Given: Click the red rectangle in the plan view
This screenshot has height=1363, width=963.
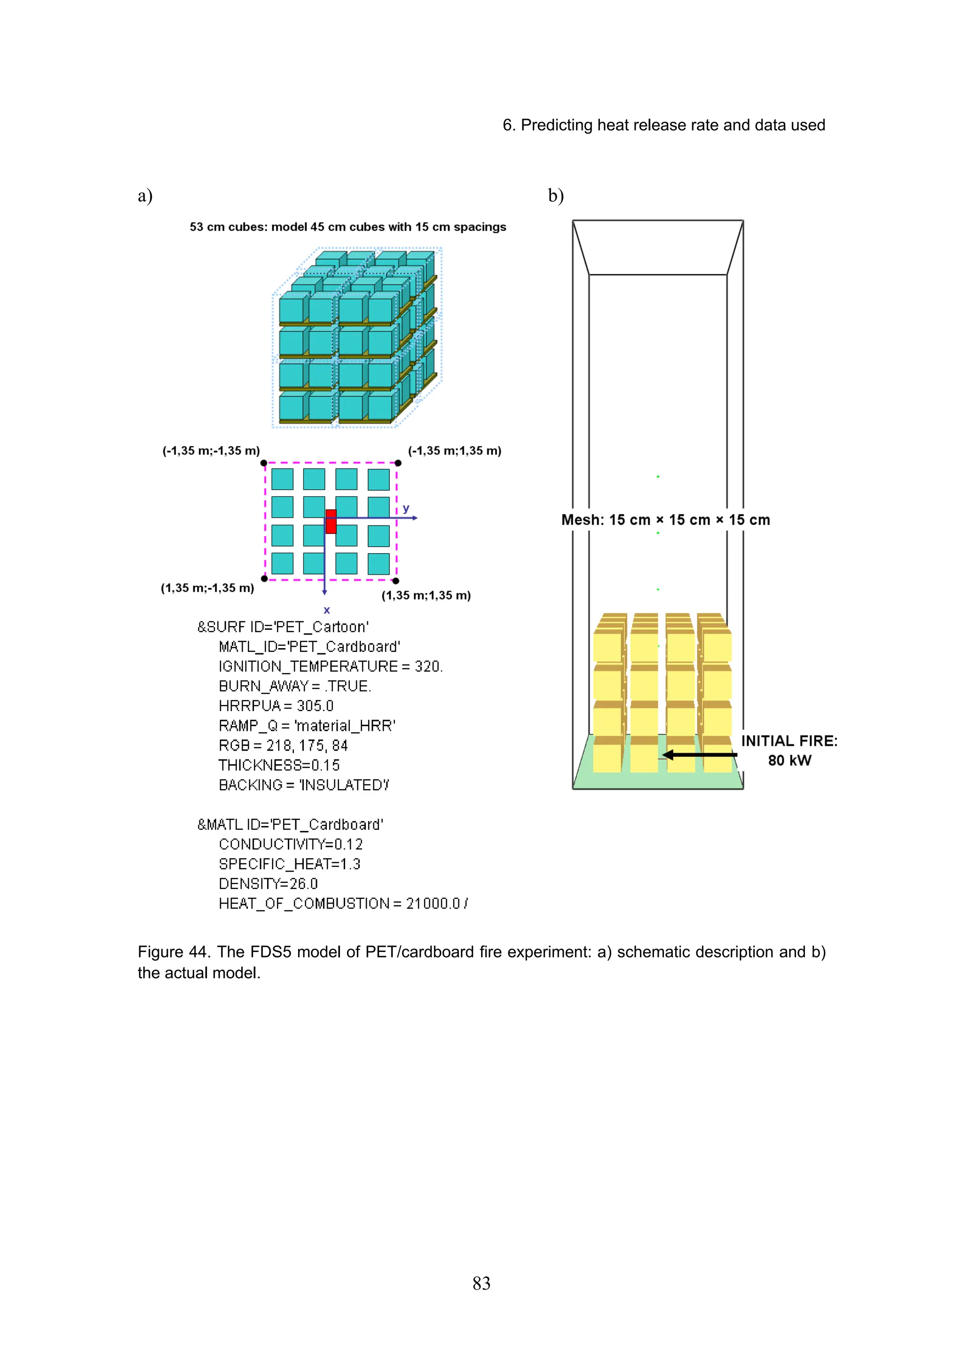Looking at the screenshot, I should point(331,521).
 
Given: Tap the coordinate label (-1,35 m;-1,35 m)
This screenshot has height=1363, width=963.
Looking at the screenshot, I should point(211,451).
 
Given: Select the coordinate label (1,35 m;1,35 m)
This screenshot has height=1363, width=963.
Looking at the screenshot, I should point(426,595).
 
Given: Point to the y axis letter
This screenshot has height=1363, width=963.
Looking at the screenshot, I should point(406,509).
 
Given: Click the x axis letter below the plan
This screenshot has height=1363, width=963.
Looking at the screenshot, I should point(326,610).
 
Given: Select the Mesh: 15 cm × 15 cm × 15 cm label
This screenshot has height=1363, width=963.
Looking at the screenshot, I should point(665,520).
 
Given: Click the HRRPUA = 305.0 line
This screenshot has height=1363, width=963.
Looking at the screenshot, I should point(276,706).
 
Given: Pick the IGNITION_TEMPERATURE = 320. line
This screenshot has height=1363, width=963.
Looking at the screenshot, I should point(331,666).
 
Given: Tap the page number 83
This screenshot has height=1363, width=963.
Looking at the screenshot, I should point(481,1284).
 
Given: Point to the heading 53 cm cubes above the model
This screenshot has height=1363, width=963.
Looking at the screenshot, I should point(347,227).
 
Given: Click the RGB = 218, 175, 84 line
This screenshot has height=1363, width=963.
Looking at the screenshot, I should point(283,745).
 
